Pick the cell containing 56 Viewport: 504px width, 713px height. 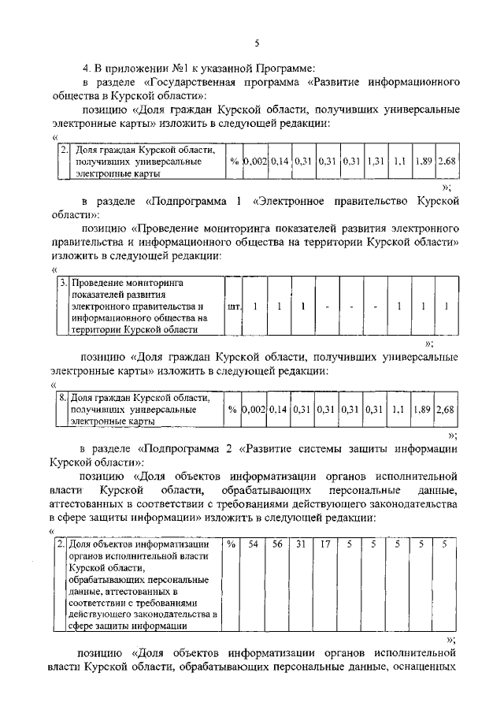(x=278, y=544)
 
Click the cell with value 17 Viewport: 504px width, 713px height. (x=324, y=544)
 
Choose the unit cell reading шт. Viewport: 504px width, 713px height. (x=233, y=306)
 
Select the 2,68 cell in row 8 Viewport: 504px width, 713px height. (x=446, y=410)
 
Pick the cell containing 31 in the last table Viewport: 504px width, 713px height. (x=301, y=544)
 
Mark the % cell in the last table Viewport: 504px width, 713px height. (x=232, y=544)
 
